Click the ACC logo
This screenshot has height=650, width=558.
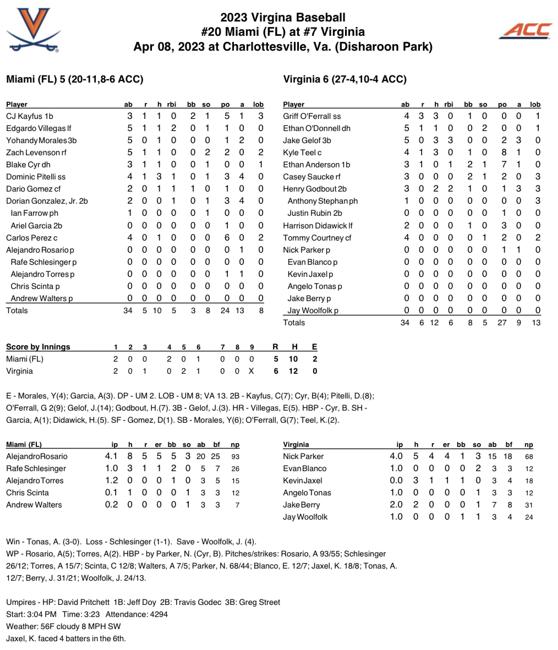click(x=525, y=31)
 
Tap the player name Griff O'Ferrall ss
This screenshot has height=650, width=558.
click(x=312, y=116)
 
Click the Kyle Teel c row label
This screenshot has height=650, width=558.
click(x=302, y=152)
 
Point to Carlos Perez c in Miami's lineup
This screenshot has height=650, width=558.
click(x=30, y=238)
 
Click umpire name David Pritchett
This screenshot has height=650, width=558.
click(x=84, y=602)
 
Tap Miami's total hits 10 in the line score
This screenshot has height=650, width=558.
click(x=293, y=359)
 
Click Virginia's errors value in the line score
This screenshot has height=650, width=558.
click(x=314, y=371)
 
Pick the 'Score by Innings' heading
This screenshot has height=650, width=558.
click(x=38, y=347)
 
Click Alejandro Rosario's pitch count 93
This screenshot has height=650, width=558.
click(x=235, y=456)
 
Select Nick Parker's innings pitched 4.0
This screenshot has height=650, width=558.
click(x=396, y=456)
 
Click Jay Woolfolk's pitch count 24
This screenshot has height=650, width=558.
click(x=528, y=517)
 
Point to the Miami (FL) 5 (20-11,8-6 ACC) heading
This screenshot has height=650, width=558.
click(x=74, y=79)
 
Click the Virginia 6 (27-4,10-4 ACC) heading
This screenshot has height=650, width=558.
click(x=344, y=79)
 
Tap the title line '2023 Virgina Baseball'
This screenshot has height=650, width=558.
click(x=283, y=18)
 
